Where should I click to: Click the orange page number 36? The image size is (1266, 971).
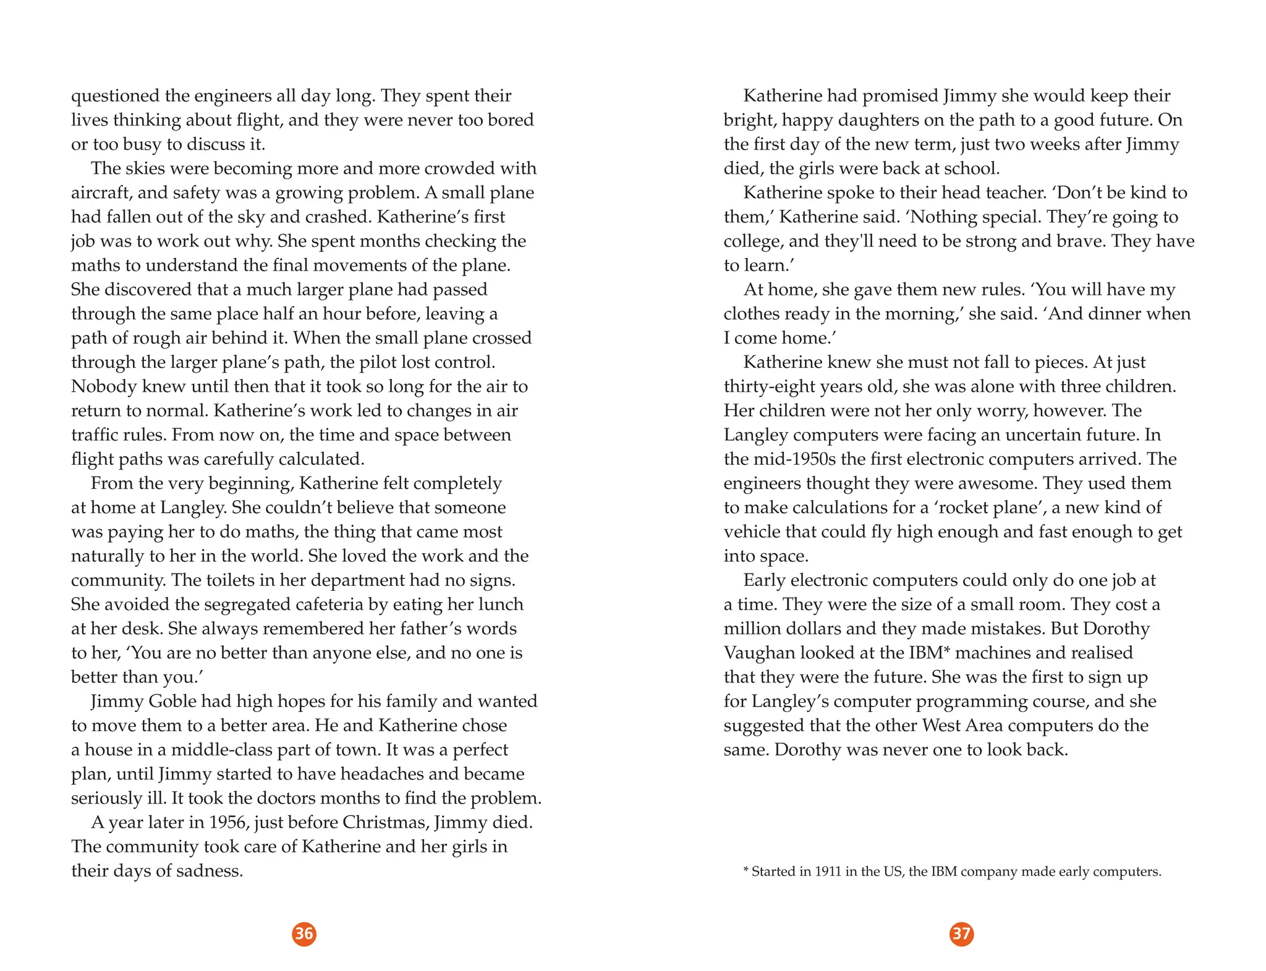(304, 933)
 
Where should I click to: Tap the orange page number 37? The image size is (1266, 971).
(961, 933)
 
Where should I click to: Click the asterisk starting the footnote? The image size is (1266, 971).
(746, 871)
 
